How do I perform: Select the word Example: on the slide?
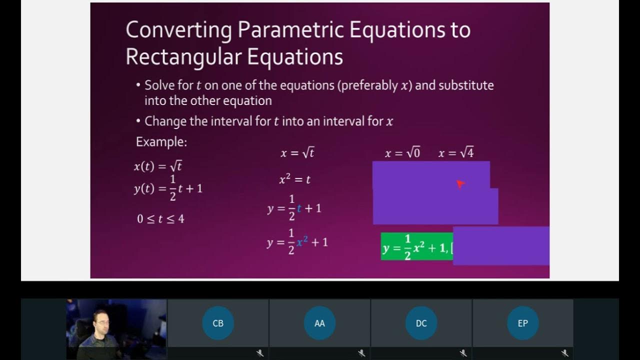click(161, 142)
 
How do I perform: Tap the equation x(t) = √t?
click(161, 166)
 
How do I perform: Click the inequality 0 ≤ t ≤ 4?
click(160, 218)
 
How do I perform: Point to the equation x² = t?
click(295, 179)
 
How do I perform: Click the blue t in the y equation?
click(299, 208)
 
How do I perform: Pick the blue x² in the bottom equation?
click(302, 242)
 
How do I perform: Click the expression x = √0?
click(402, 153)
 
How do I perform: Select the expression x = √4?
click(455, 153)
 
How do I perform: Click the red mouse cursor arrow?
click(460, 184)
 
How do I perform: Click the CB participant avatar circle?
click(218, 323)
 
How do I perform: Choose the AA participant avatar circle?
click(319, 323)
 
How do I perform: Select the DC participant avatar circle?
click(421, 323)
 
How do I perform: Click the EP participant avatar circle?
click(522, 323)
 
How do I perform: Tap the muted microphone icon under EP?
click(564, 353)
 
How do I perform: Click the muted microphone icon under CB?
click(260, 353)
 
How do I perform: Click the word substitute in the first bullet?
click(466, 85)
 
